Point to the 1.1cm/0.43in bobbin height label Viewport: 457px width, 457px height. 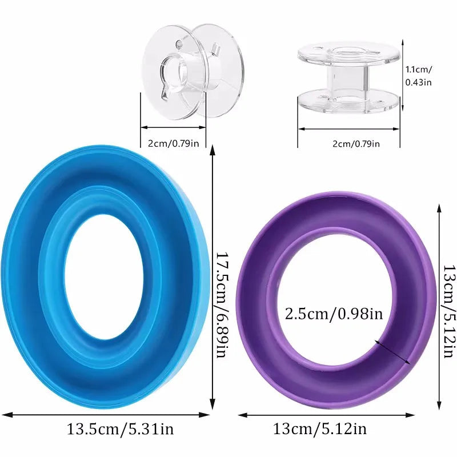point(419,76)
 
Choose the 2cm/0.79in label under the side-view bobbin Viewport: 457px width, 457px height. point(356,143)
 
